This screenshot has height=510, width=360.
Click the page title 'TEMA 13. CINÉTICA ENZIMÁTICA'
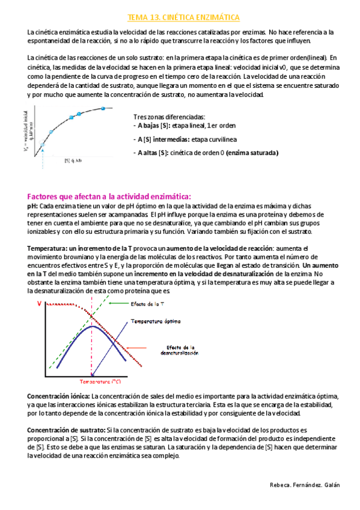tap(180, 18)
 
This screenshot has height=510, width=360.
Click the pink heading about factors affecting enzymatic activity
tap(109, 197)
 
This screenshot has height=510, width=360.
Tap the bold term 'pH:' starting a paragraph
tap(33, 206)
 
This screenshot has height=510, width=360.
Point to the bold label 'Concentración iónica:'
tap(59, 396)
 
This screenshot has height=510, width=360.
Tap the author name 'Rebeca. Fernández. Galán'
tap(304, 485)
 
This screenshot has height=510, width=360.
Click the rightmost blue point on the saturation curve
tap(103, 108)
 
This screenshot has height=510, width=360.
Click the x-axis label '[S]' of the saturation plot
tap(67, 160)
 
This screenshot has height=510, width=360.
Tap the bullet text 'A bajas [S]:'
tap(151, 125)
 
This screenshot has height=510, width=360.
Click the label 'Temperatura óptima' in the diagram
tap(156, 321)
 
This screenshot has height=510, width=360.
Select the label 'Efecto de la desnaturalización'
tap(180, 351)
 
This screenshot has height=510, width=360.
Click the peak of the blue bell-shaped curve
tap(90, 327)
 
